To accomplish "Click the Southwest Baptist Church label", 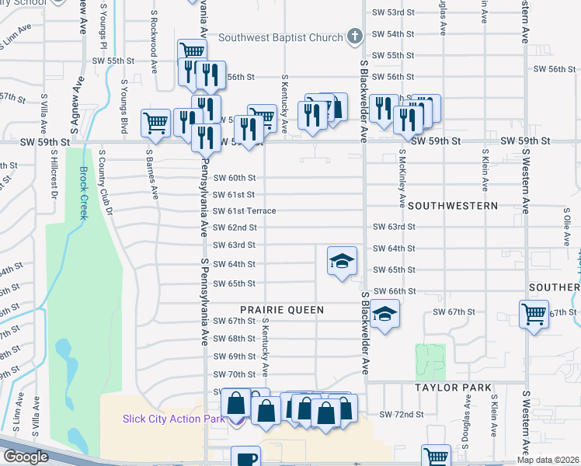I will click(280, 37).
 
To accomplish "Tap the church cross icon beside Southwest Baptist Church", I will click(354, 37).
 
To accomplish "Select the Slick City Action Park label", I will click(173, 419).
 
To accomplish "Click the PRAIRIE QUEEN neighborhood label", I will click(281, 309).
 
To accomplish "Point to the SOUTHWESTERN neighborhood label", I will click(452, 206).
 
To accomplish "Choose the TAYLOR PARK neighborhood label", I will click(453, 387).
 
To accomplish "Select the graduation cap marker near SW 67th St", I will click(383, 315).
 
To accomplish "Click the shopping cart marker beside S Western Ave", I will click(534, 315).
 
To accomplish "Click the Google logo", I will click(26, 457).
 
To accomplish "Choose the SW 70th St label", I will click(234, 374).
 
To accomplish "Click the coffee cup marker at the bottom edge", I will click(247, 458).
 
